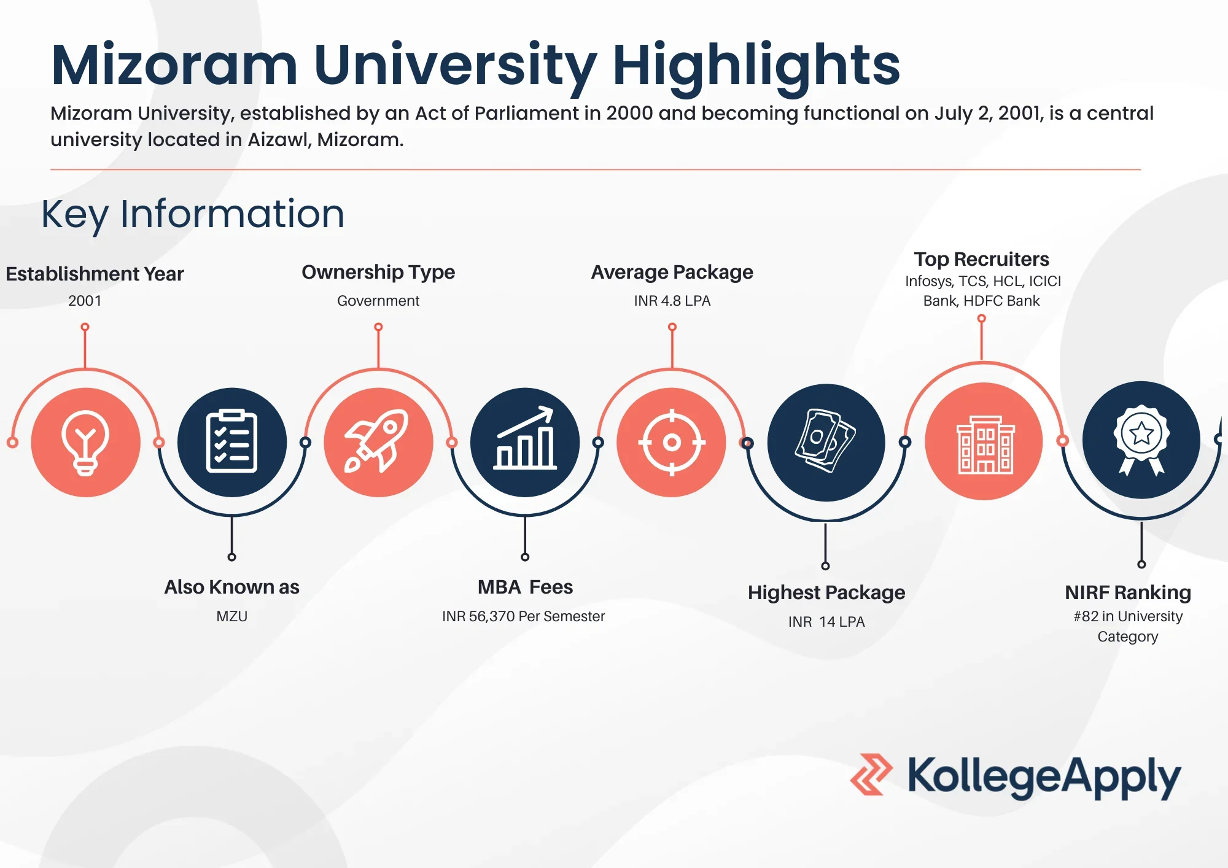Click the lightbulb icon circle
pos(86,442)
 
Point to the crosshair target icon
pos(672,442)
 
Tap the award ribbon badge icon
pos(1141,440)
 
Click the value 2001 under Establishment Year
pos(85,301)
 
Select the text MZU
pos(231,616)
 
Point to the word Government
pos(378,301)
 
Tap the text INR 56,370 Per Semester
pos(524,616)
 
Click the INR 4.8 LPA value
pos(672,301)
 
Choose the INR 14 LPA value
pos(826,622)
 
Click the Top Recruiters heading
pos(981,259)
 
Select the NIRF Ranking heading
pos(1128,592)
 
